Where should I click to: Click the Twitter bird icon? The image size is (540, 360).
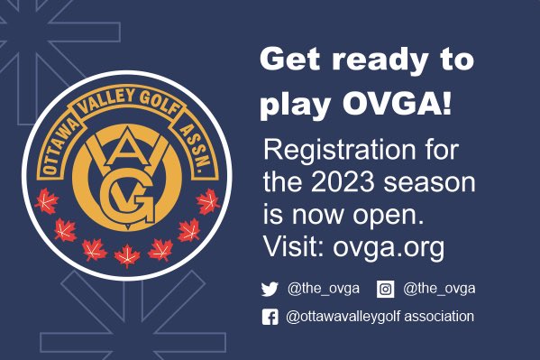tap(270, 289)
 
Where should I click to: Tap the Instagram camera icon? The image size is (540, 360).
tap(385, 289)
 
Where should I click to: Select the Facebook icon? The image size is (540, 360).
tap(270, 317)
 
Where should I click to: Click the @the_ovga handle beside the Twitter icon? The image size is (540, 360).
tap(323, 289)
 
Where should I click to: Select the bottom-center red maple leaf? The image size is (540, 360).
tap(127, 256)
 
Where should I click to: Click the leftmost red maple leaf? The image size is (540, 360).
tap(44, 203)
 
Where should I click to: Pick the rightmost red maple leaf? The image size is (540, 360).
tap(209, 203)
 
